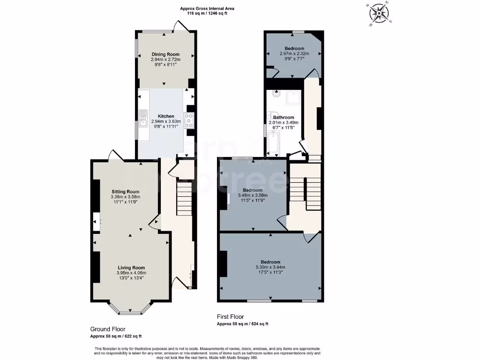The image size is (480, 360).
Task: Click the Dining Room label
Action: click(165, 54)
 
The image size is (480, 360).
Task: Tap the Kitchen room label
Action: click(165, 116)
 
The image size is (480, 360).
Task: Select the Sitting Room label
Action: click(125, 191)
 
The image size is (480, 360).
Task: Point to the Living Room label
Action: click(131, 267)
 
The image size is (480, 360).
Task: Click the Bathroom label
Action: click(283, 117)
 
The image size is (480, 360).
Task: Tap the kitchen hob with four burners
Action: click(189, 120)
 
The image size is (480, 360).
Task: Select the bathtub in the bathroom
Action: click(274, 143)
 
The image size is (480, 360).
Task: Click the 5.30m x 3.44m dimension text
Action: click(270, 267)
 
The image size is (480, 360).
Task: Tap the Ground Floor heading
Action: click(108, 329)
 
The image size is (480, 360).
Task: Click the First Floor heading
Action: click(230, 317)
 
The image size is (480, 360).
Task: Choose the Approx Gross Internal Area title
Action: click(207, 8)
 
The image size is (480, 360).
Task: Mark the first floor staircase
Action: click(305, 193)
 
